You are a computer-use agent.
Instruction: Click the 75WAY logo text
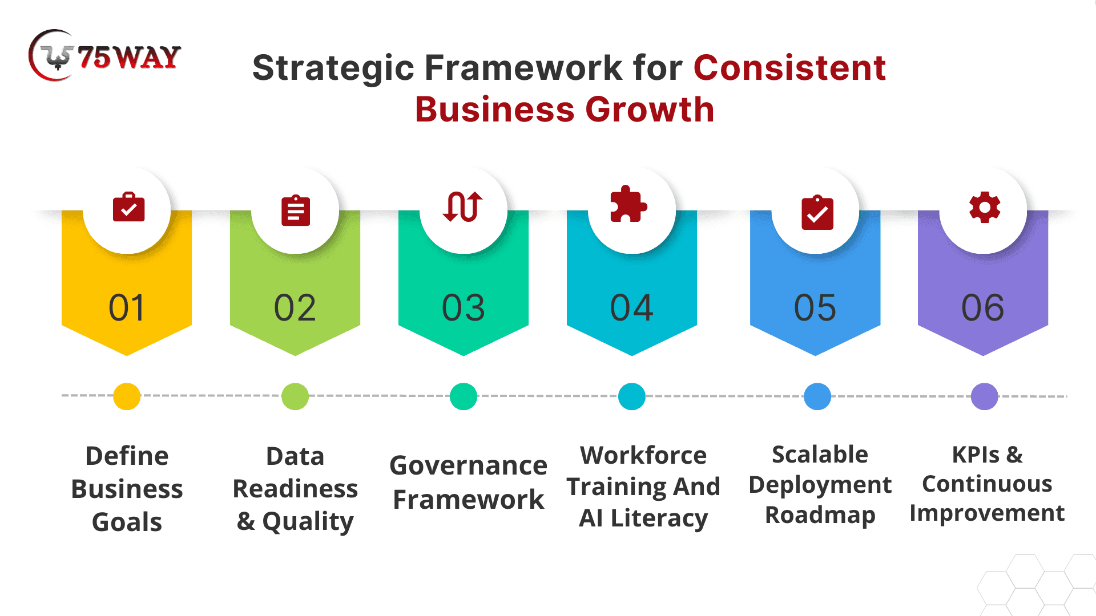129,58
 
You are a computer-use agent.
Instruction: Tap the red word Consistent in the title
789,68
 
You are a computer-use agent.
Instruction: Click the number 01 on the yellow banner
127,308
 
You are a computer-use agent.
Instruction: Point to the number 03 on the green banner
463,308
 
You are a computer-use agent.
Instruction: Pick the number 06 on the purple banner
982,308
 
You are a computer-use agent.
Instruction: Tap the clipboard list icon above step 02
296,210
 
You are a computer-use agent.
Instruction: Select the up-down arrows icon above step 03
463,206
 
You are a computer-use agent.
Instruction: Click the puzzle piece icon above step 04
628,204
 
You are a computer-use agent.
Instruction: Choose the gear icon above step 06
985,207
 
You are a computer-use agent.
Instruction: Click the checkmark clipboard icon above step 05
817,212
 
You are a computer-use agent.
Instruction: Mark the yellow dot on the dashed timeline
127,396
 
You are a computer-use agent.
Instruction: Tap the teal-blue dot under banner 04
632,396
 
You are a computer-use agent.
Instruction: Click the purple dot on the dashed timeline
985,396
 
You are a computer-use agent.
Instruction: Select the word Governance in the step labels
468,466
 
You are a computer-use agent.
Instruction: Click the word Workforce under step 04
643,456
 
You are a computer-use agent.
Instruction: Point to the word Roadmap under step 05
820,516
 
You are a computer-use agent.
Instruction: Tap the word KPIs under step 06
976,455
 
